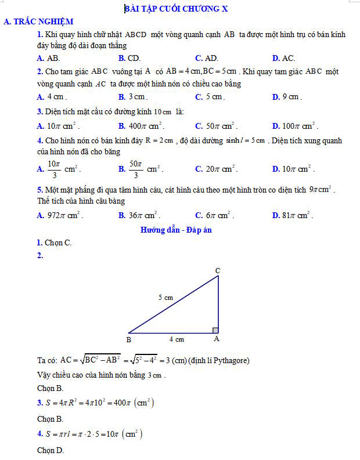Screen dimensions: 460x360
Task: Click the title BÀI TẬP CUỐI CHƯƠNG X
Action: pyautogui.click(x=180, y=8)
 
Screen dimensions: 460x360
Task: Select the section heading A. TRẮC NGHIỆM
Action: pyautogui.click(x=38, y=21)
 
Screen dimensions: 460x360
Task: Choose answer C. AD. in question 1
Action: pyautogui.click(x=207, y=58)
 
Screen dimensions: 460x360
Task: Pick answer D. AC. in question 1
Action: pyautogui.click(x=283, y=58)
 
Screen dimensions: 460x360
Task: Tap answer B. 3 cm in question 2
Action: pyautogui.click(x=132, y=97)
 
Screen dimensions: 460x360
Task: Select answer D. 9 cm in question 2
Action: pyautogui.click(x=287, y=97)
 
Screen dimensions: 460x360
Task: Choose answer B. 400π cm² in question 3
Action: pyautogui.click(x=142, y=126)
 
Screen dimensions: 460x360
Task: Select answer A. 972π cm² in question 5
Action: pyautogui.click(x=59, y=215)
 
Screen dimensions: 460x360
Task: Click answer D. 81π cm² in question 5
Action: pyautogui.click(x=293, y=215)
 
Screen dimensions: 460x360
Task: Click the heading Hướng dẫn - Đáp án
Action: pyautogui.click(x=177, y=230)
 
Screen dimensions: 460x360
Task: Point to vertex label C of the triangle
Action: pyautogui.click(x=218, y=271)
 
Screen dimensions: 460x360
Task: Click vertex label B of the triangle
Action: pyautogui.click(x=129, y=339)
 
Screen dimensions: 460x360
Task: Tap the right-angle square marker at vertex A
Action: pyautogui.click(x=215, y=331)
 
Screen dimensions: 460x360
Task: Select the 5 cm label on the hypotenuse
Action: pyautogui.click(x=166, y=298)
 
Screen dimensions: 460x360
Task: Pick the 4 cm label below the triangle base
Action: pyautogui.click(x=177, y=339)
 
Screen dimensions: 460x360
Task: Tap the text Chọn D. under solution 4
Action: pyautogui.click(x=51, y=450)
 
